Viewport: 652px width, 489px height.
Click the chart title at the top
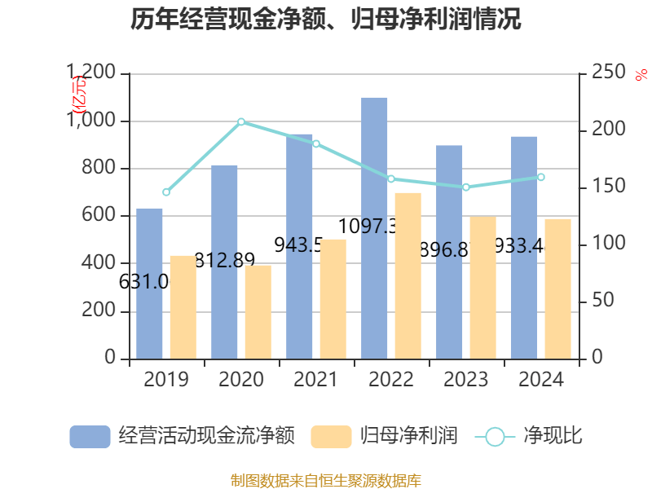326,20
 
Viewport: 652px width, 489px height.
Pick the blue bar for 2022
374,228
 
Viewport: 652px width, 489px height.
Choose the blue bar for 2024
524,248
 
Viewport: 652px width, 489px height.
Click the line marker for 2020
241,121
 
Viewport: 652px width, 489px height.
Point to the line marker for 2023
466,187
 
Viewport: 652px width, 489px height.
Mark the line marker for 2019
166,192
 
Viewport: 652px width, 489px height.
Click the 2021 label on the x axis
315,380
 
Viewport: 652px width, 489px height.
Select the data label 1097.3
368,226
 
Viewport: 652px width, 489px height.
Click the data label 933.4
519,245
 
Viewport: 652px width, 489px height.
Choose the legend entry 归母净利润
383,437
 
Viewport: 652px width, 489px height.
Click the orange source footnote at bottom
326,480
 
